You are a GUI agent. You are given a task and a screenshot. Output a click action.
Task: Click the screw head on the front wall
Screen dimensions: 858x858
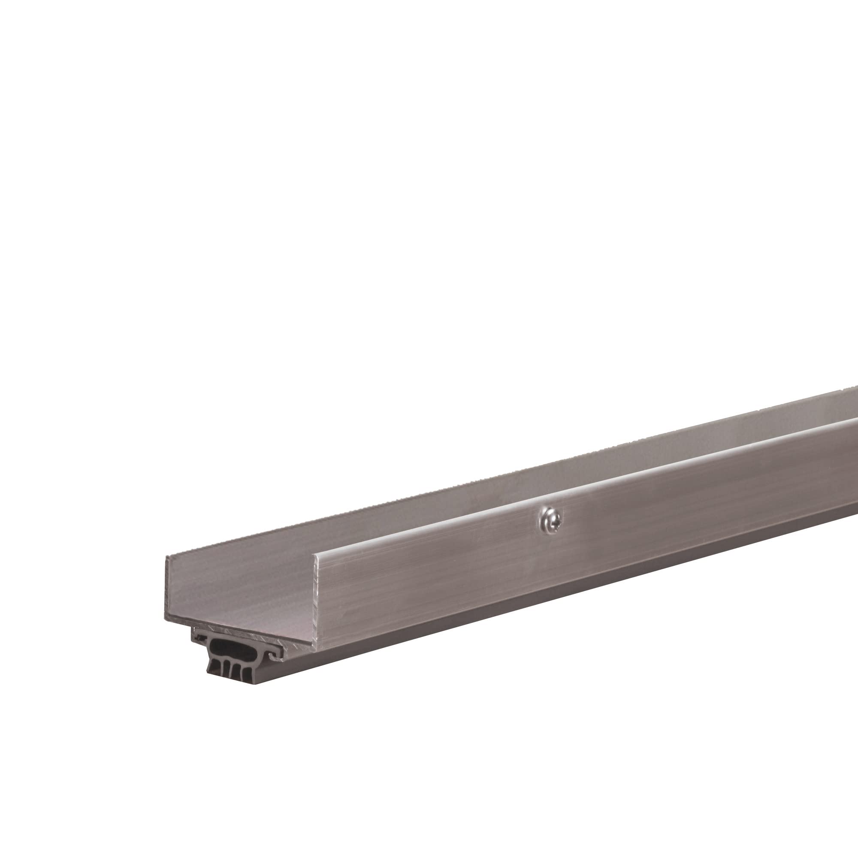tap(550, 517)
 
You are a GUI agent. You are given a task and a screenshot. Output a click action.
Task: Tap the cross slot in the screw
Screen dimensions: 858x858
tap(550, 517)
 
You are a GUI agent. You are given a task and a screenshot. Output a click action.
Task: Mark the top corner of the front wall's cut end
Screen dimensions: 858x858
tap(317, 554)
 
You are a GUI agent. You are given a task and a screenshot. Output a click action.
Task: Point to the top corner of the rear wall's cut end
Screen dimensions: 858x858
tap(166, 556)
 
